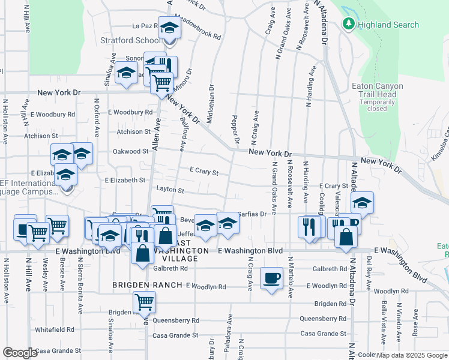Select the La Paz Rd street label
pos(144,26)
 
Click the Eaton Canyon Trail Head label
pos(377,90)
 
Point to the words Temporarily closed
pos(377,105)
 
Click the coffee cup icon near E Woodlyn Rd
pos(271,278)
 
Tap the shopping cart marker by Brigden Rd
pos(144,301)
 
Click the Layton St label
pos(170,190)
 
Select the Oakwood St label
pos(130,152)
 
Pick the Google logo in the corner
pos(20,353)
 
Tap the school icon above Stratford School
pos(169,28)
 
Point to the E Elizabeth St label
pos(125,180)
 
